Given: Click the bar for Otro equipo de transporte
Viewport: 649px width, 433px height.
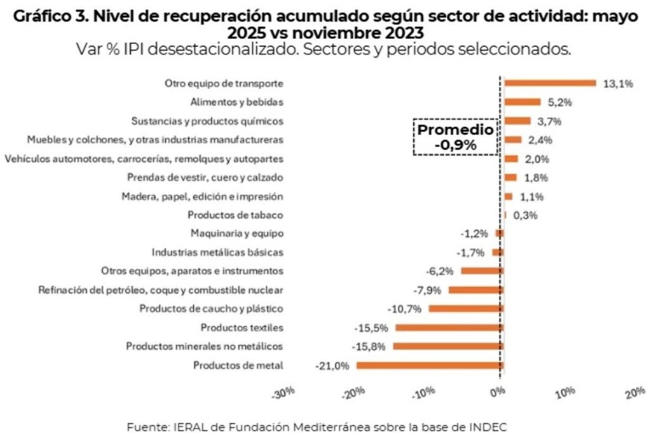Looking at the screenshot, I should click(x=550, y=84).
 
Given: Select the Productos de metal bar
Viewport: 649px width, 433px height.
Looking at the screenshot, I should click(x=430, y=365).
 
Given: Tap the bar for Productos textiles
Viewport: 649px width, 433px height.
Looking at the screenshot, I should click(x=449, y=328).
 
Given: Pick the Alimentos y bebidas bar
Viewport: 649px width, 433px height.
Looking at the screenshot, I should click(x=522, y=102).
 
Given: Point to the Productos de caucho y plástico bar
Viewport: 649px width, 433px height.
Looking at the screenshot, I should click(x=465, y=309).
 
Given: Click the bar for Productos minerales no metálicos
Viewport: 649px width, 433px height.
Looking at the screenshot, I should click(x=448, y=346).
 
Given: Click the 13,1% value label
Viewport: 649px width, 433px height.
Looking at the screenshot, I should click(x=618, y=84).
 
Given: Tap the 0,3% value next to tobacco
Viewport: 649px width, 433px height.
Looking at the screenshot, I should click(x=525, y=215).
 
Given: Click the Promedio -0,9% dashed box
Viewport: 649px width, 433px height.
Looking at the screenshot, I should click(x=455, y=137).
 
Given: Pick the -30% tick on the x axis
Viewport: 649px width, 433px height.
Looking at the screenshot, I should click(x=284, y=393).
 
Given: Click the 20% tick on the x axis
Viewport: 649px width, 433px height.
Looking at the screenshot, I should click(x=634, y=393).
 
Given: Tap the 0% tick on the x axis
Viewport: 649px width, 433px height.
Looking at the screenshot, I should click(x=497, y=393).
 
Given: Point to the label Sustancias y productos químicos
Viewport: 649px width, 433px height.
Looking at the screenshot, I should click(x=207, y=121).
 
